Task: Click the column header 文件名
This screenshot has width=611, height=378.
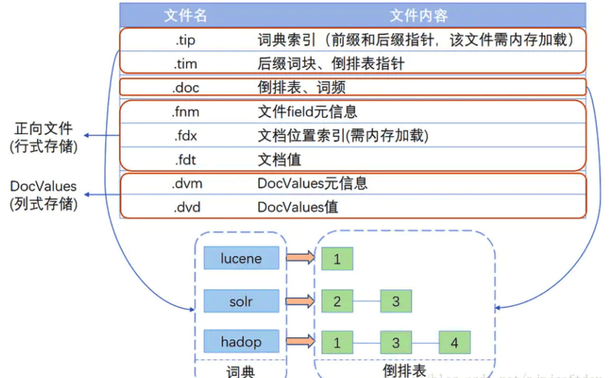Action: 185,16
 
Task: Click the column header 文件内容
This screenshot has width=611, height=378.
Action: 418,16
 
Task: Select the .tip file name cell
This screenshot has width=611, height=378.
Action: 185,40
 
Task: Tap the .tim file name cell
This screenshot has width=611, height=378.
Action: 185,64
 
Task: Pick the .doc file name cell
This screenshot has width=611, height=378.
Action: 185,88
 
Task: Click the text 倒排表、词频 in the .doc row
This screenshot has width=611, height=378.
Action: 301,88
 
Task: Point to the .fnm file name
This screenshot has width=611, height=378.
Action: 185,112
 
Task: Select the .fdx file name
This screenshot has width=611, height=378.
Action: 185,136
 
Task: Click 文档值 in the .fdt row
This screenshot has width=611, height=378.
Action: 279,160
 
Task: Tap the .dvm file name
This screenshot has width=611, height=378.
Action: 187,184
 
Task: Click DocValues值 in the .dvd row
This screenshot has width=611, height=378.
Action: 298,207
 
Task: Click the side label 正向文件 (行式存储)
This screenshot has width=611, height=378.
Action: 44,138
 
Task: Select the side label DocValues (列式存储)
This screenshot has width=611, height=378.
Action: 44,195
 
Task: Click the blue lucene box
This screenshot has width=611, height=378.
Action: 241,258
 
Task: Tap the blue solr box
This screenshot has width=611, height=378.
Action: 241,301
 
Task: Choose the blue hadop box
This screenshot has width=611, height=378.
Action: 241,342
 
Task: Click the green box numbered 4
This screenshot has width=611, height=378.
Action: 454,343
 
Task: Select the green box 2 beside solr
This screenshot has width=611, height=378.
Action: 337,301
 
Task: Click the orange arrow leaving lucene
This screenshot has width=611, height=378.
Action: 300,257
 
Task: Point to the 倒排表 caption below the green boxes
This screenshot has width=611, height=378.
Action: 404,370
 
